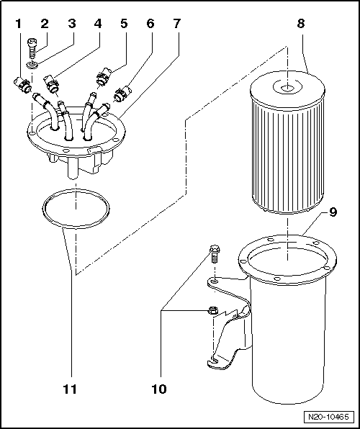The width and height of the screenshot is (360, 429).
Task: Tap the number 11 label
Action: pyautogui.click(x=70, y=389)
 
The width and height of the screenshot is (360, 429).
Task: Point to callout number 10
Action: pyautogui.click(x=159, y=389)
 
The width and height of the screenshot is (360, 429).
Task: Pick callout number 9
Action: pyautogui.click(x=333, y=212)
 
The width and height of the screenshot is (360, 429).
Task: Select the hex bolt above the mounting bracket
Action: pyautogui.click(x=214, y=254)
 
